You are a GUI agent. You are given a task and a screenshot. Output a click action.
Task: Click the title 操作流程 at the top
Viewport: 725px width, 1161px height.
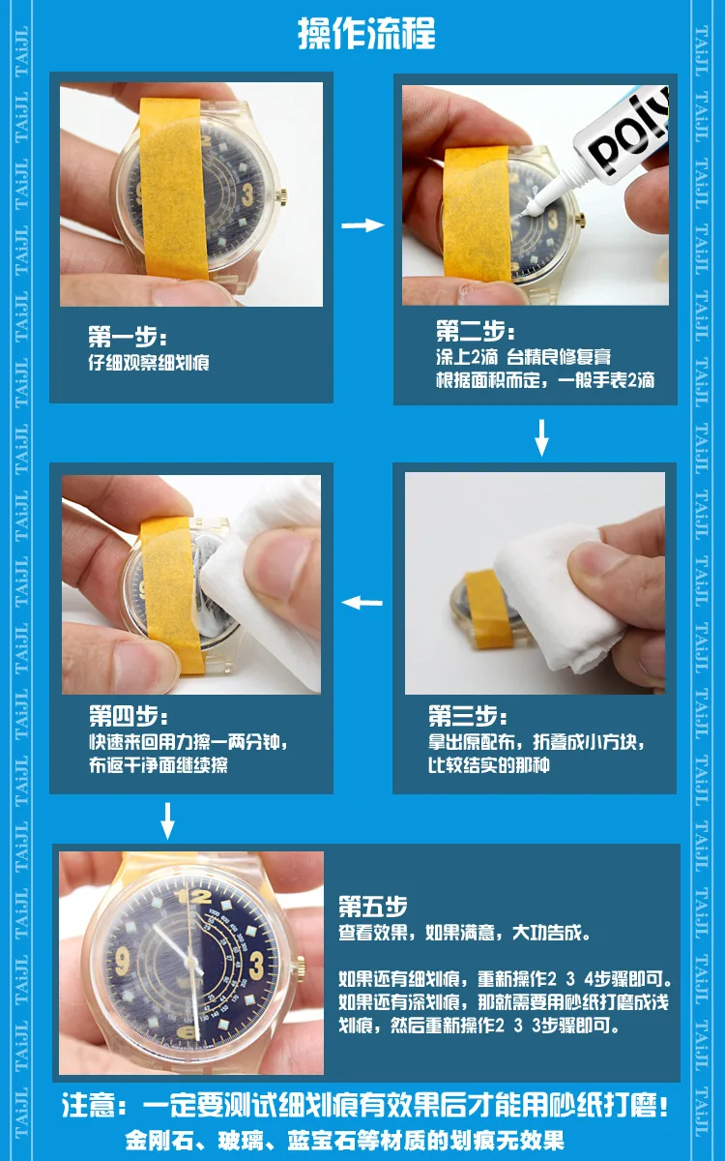tap(366, 33)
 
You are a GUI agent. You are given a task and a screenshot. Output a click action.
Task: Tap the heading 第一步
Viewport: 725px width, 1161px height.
tap(128, 337)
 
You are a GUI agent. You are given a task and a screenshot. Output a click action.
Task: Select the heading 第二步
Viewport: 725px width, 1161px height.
tap(476, 331)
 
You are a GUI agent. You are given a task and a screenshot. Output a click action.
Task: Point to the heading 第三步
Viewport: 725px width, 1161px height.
tap(467, 716)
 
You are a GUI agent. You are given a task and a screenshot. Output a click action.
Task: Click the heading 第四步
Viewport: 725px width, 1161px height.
tap(129, 716)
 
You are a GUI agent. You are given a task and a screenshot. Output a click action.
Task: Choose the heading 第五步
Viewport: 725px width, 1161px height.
tap(373, 906)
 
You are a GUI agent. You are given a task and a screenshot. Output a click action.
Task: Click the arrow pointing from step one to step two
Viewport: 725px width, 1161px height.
tap(363, 224)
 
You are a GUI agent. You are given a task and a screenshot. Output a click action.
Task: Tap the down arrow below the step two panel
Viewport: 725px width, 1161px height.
tap(541, 437)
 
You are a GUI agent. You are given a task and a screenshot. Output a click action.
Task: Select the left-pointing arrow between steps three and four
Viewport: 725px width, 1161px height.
tap(362, 602)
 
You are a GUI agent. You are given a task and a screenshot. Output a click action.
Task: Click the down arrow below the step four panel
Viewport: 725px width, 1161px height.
tap(167, 821)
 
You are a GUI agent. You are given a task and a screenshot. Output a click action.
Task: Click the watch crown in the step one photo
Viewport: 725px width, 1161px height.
tap(283, 195)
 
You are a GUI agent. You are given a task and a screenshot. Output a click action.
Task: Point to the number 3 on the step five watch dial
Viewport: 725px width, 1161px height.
tap(256, 967)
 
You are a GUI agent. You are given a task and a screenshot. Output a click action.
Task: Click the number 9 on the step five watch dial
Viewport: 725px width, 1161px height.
tap(122, 962)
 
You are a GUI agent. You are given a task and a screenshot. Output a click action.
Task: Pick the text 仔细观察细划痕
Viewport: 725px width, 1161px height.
tap(149, 362)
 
